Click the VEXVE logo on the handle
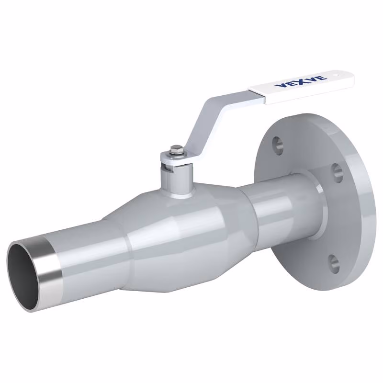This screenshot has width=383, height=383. point(301,81)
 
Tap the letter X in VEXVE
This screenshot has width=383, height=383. point(301,81)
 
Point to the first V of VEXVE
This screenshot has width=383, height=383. point(280,86)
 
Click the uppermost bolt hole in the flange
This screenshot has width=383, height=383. point(278,146)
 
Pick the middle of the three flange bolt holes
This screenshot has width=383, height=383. point(338,173)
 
